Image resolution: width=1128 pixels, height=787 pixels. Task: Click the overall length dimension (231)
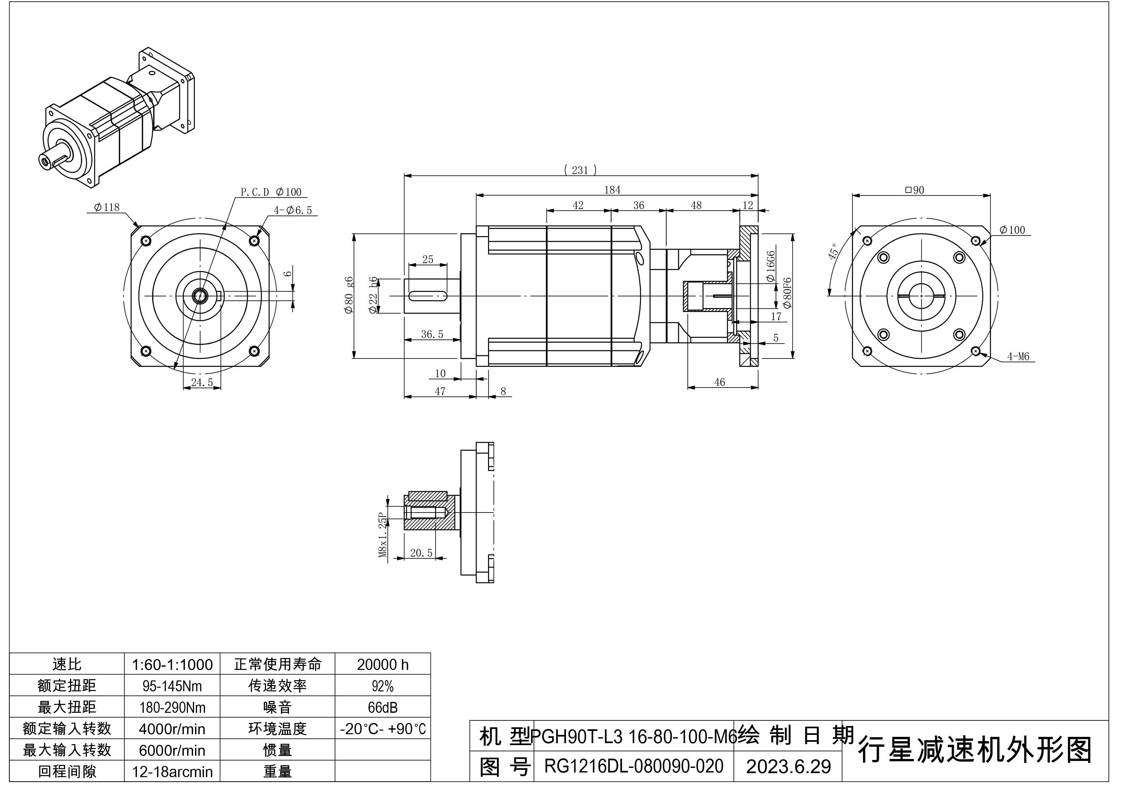(x=580, y=170)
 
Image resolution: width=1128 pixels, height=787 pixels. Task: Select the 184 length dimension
(x=612, y=190)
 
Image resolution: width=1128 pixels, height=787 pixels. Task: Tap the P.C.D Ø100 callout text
(x=271, y=192)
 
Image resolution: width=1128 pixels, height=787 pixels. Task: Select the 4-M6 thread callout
(x=1018, y=357)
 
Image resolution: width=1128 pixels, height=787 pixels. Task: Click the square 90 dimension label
(x=915, y=190)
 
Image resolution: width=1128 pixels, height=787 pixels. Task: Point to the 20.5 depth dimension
(x=421, y=553)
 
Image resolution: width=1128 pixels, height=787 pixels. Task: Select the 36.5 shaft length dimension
(x=432, y=334)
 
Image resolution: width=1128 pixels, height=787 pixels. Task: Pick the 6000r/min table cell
(x=172, y=750)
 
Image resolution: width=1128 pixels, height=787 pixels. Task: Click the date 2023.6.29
(x=788, y=766)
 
